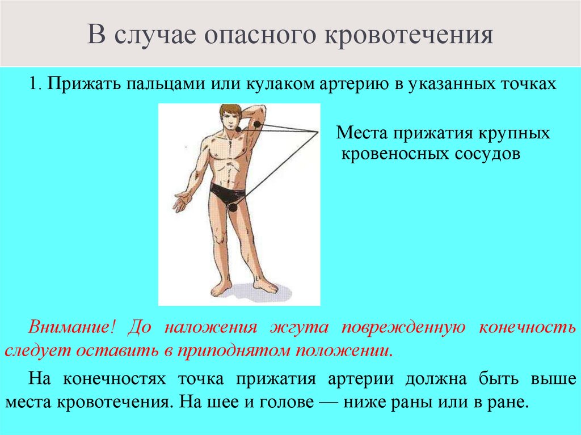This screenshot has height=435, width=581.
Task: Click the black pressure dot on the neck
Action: (x=238, y=129)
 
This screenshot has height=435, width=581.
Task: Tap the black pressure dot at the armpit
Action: (x=257, y=124)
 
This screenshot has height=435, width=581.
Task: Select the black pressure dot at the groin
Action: (x=233, y=207)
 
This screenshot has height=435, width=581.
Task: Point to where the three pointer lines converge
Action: (x=317, y=132)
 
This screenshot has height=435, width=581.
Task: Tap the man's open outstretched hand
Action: (x=182, y=201)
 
